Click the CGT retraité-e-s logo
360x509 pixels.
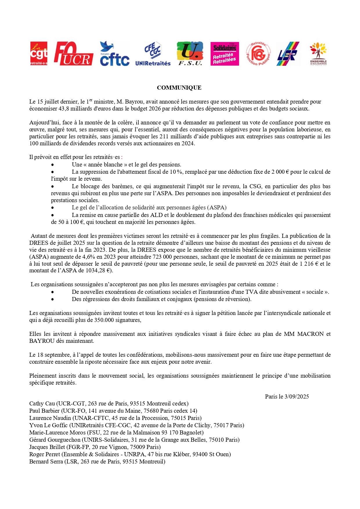[x=39, y=53]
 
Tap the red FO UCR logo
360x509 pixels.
[x=73, y=54]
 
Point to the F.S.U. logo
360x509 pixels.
[x=190, y=54]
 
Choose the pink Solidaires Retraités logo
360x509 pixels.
[x=225, y=54]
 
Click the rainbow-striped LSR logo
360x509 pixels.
[x=287, y=54]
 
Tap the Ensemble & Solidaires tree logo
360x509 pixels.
[x=318, y=54]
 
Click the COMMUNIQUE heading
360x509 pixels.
[x=179, y=88]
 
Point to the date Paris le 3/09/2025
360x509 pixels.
[x=287, y=396]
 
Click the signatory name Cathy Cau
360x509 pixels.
[x=42, y=404]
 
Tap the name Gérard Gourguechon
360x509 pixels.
[x=55, y=440]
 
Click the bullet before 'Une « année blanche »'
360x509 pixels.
[x=53, y=165]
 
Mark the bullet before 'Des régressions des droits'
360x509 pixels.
[x=53, y=299]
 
